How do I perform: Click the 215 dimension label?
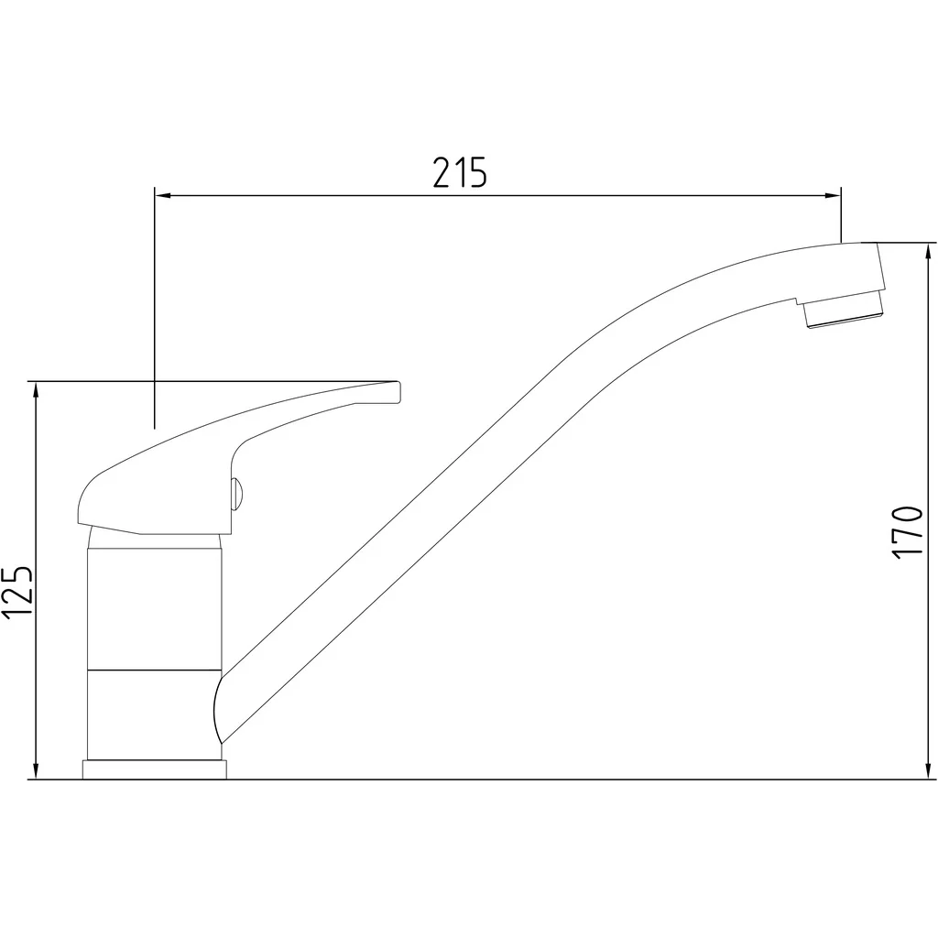[460, 172]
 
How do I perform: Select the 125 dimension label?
[16, 592]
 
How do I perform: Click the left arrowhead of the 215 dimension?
[163, 195]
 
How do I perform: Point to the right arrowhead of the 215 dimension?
[833, 195]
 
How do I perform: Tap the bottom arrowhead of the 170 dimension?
[928, 770]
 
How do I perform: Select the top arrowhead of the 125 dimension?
[37, 389]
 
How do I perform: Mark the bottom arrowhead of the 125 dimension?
[37, 770]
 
